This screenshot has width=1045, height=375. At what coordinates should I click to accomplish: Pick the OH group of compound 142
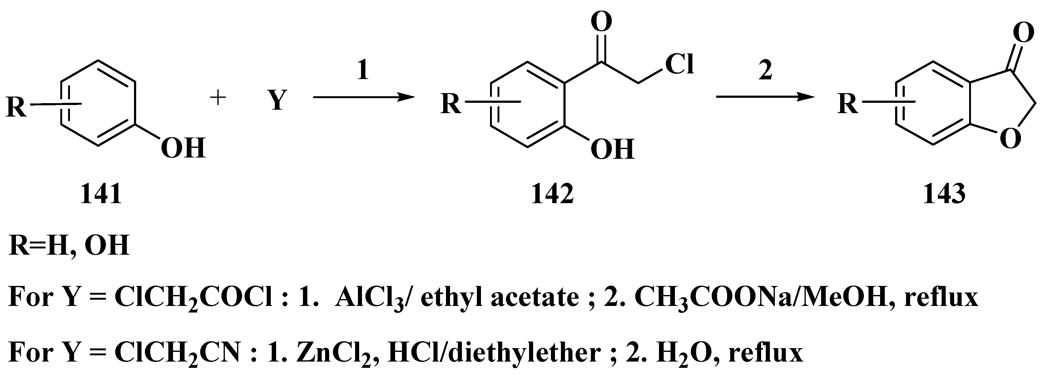click(612, 149)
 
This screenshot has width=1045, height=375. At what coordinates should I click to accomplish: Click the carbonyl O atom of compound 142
click(601, 21)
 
